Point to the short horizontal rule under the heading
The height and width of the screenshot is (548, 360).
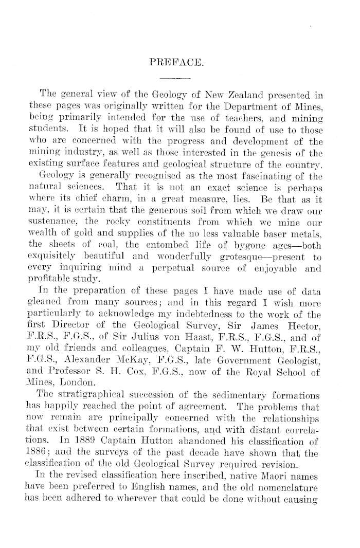[x=176, y=79]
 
